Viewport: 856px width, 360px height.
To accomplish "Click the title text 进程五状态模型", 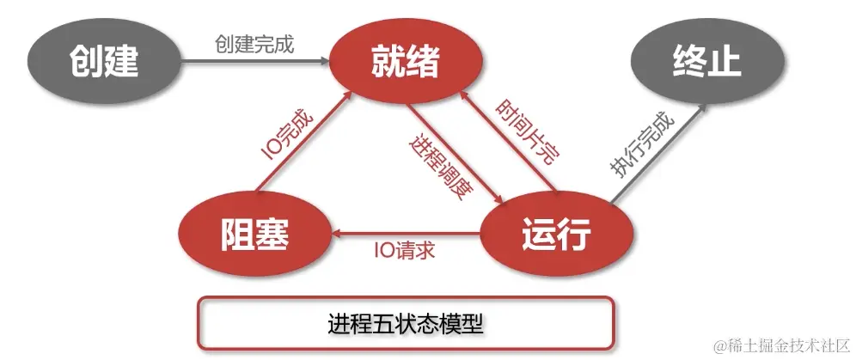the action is (406, 324).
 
